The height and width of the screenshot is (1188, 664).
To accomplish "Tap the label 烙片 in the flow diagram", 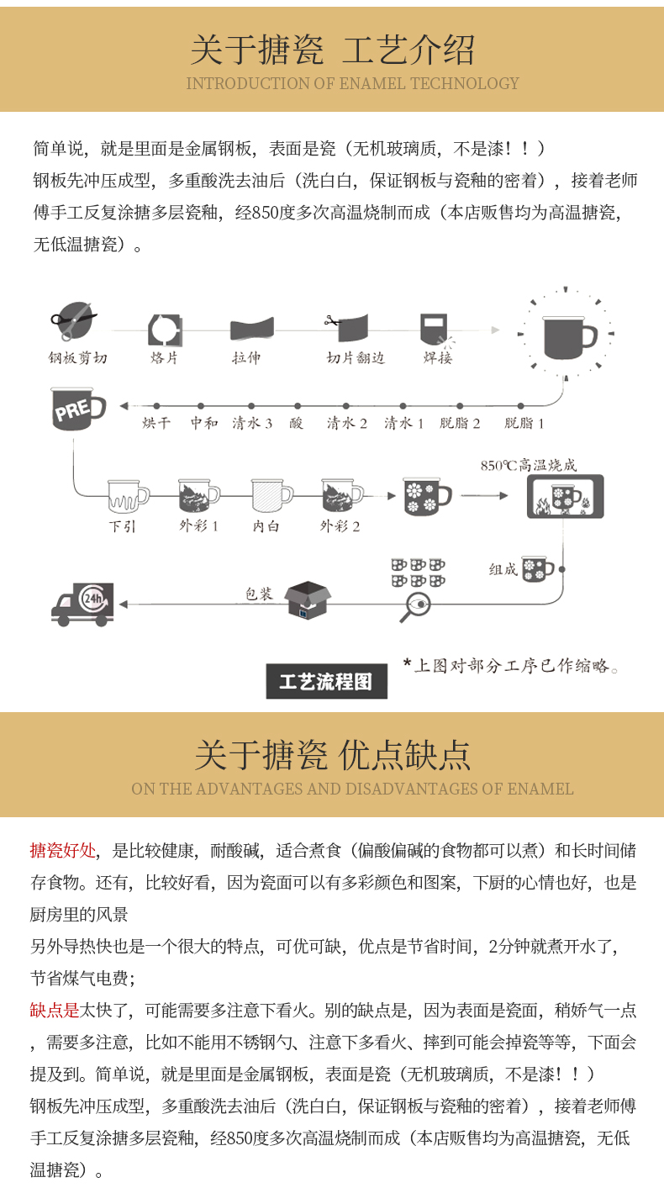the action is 164,358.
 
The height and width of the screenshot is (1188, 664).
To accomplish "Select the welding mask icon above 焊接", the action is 435,329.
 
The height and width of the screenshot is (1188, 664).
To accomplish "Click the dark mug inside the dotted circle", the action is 567,333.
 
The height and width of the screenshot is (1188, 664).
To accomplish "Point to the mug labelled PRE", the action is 77,409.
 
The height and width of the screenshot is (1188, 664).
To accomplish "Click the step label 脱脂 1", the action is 524,424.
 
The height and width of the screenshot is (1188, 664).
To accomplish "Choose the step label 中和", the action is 203,424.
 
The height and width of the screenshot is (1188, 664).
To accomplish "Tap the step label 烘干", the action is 156,424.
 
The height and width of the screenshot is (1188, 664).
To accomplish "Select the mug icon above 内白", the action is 271,495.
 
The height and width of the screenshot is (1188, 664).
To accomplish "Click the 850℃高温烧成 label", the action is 529,465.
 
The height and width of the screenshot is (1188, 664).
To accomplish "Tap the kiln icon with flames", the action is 565,498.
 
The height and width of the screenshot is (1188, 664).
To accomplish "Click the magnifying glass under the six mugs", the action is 414,606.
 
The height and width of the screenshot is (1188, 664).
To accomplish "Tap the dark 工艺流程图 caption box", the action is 326,682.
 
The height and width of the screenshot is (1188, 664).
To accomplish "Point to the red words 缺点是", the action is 55,1011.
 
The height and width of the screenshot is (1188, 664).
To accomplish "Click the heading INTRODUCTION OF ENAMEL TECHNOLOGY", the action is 352,83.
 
